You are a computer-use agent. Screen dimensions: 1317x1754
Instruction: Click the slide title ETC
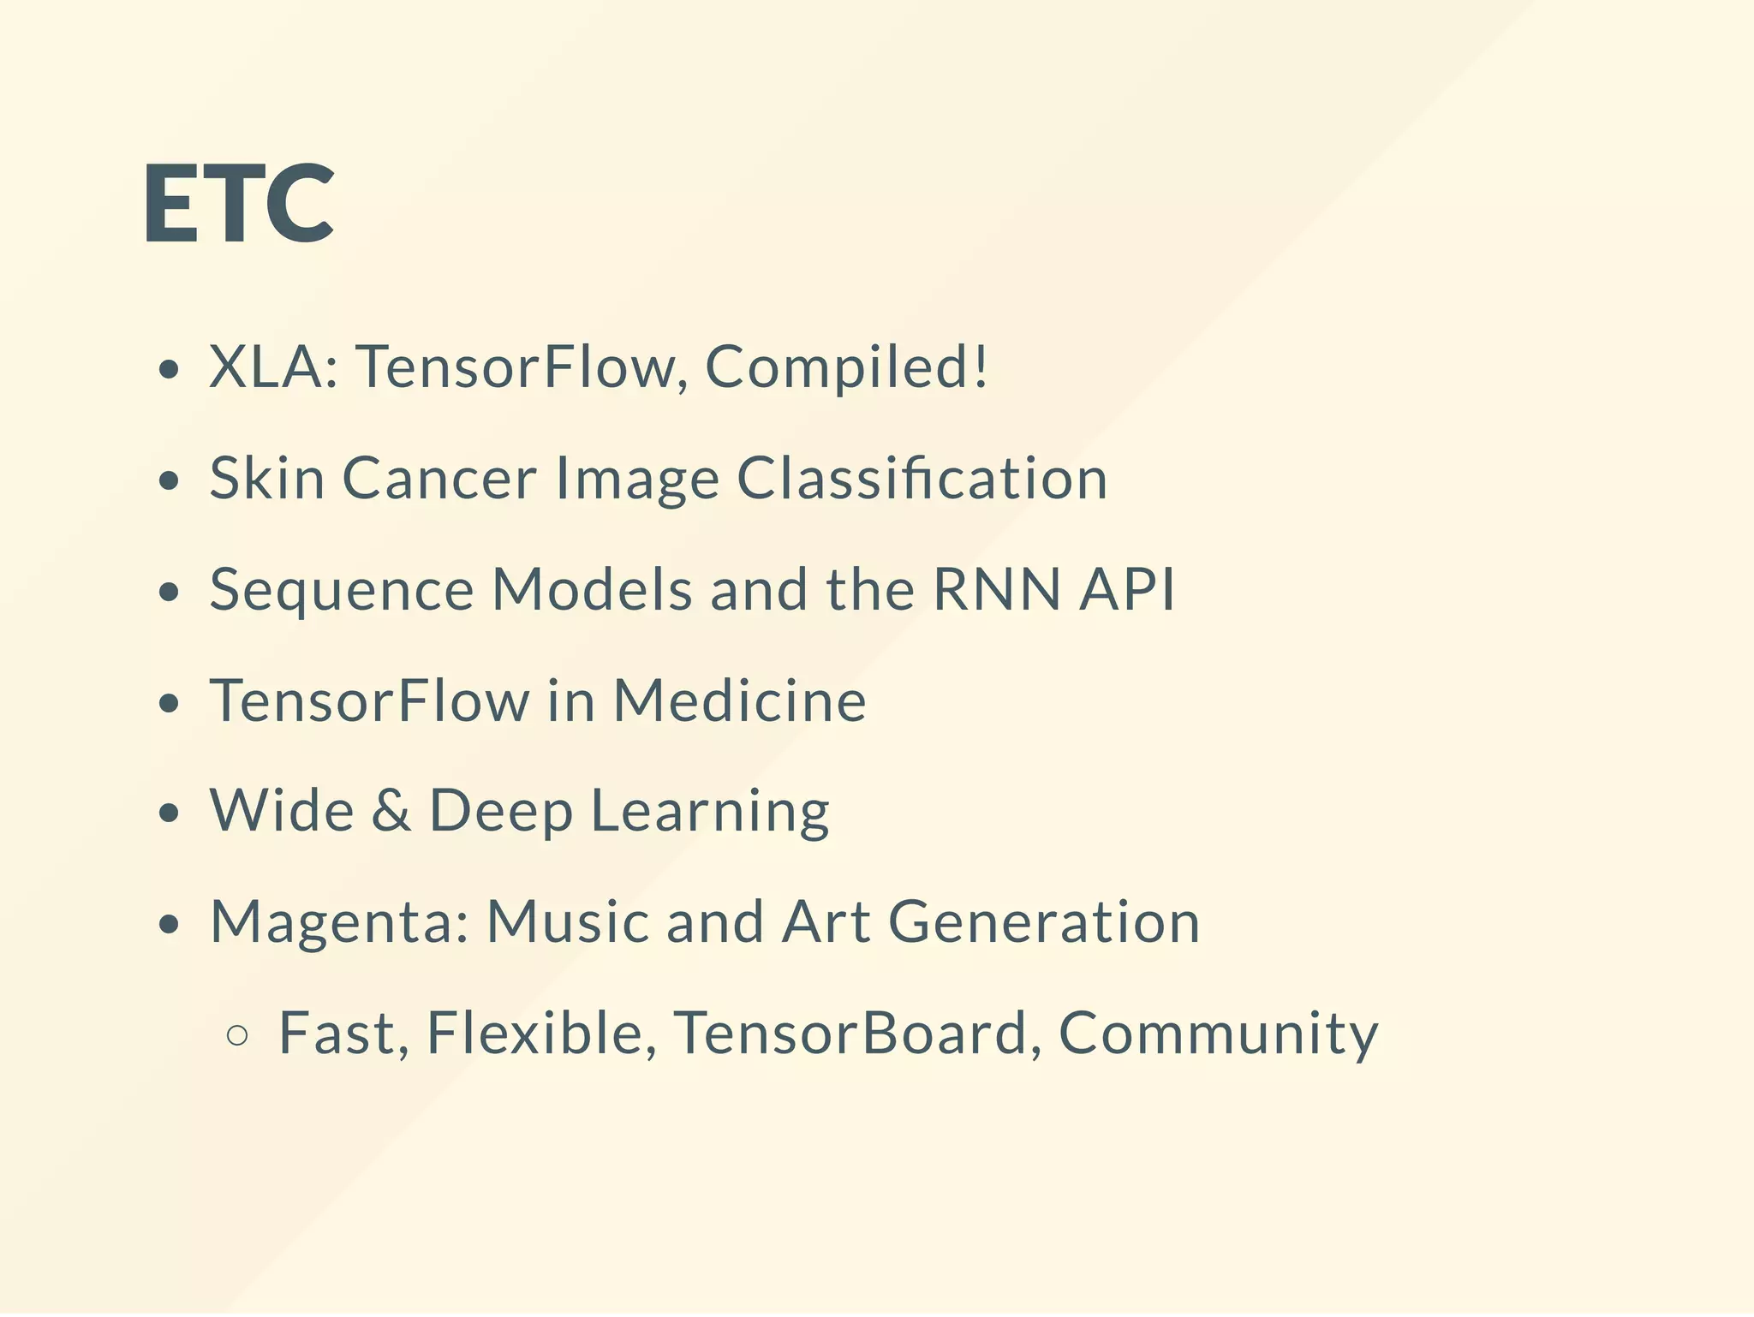pos(238,204)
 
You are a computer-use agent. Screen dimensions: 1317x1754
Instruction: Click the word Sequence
pos(342,591)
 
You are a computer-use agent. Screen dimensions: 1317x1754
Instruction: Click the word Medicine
pos(740,700)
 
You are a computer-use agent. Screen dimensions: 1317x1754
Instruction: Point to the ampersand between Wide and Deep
pos(391,810)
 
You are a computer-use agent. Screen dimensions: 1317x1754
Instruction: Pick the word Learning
pos(710,812)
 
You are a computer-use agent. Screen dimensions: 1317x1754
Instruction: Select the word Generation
pos(1044,921)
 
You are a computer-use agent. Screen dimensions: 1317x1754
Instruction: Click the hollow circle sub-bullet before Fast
pos(237,1035)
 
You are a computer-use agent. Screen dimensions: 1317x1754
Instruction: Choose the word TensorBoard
pos(850,1033)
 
